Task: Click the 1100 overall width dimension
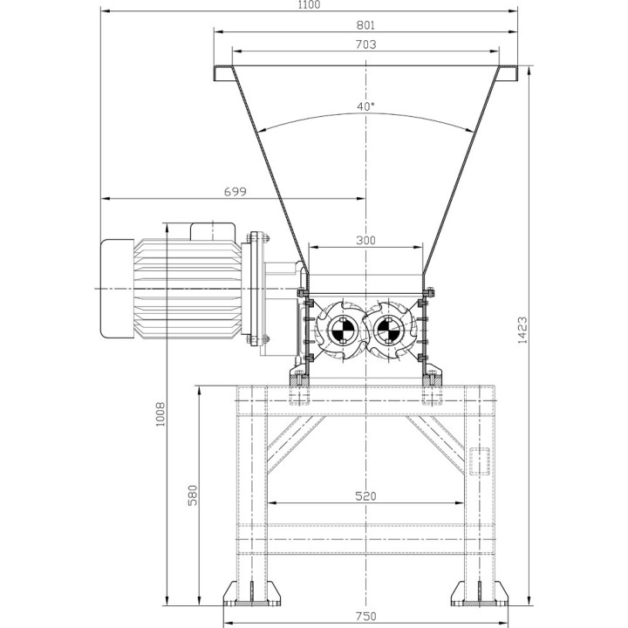308,5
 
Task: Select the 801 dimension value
365,25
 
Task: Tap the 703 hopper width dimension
365,44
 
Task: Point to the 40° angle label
365,106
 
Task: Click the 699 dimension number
234,191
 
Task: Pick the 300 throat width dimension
365,240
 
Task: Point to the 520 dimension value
365,496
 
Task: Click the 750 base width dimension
365,617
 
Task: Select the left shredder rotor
338,330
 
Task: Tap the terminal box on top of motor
214,230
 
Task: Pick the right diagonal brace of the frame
435,441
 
